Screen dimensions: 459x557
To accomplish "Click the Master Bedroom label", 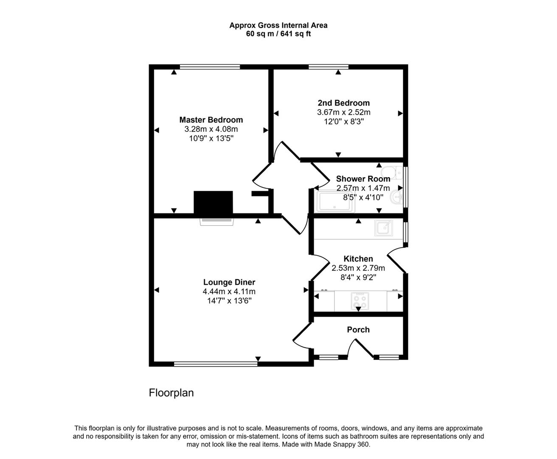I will pos(211,120).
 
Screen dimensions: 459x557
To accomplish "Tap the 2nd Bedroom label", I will pos(343,103).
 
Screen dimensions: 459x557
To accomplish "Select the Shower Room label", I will pos(363,179).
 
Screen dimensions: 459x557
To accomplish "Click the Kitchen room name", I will pos(358,259).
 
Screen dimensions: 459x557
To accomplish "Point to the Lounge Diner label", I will pos(229,282).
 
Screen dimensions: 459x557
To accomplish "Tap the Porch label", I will pos(358,330).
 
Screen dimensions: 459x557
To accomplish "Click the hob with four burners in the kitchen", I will pos(360,300).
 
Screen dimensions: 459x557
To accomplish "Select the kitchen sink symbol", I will pos(383,228).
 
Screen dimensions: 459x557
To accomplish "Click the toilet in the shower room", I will pos(391,173).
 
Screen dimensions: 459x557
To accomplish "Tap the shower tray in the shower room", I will pos(335,202).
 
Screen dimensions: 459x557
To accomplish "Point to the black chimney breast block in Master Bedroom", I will pos(213,202).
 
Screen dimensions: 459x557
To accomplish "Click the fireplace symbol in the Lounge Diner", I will pos(217,221).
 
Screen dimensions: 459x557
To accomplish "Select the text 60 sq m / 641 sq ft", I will pos(278,34).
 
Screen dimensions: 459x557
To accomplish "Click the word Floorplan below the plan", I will pos(171,393).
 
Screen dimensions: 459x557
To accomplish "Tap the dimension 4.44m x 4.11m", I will pos(229,292).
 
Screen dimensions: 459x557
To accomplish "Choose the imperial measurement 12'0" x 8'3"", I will pos(343,122).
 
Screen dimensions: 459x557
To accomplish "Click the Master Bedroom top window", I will pos(210,67).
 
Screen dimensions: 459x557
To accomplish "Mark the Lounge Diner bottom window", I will pos(215,364).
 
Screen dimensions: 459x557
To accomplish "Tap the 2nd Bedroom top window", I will pos(328,67).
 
